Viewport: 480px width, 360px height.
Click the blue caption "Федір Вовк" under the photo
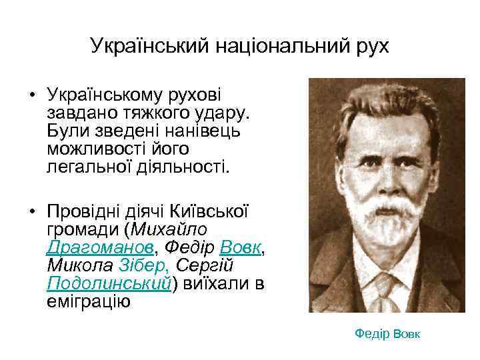387,333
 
